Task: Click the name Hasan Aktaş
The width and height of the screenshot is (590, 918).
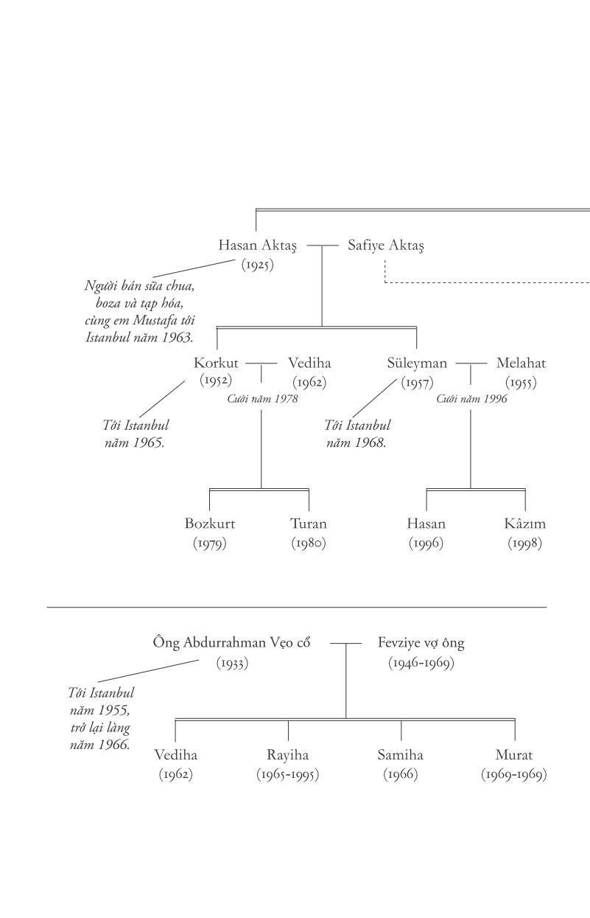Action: [257, 245]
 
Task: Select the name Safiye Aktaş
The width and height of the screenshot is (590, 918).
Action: [385, 245]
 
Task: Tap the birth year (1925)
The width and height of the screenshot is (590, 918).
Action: [257, 264]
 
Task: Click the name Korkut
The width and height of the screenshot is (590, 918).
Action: [216, 363]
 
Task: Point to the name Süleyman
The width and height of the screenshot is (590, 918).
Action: [417, 363]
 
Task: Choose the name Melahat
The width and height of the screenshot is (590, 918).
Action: [521, 363]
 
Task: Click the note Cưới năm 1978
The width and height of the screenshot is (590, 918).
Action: [262, 399]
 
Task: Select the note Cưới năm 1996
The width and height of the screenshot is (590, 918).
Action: [471, 399]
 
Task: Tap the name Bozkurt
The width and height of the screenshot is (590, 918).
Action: [209, 524]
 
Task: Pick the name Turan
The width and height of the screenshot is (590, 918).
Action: [308, 524]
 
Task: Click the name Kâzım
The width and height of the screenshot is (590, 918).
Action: [524, 524]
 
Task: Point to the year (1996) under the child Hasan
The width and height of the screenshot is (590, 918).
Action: [426, 543]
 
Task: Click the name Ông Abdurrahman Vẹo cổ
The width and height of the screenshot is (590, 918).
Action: [231, 643]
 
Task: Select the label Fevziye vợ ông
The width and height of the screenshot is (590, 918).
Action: [421, 643]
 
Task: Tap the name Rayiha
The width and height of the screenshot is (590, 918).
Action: [287, 755]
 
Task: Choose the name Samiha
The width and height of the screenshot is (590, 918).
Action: [400, 755]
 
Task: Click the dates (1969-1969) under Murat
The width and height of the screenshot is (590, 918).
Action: [513, 775]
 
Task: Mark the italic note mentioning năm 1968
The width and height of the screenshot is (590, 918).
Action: [357, 434]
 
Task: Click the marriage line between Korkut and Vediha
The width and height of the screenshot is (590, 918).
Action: [261, 363]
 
